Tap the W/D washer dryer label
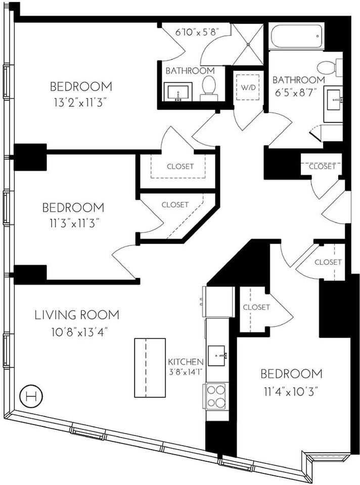(248, 86)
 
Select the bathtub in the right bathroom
(296, 37)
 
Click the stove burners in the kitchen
(216, 396)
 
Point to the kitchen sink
(217, 356)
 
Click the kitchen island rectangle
(150, 367)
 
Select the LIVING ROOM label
(77, 315)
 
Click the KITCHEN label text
(186, 362)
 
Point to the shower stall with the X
(248, 44)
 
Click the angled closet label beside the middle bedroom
(175, 205)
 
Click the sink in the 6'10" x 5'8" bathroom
(177, 92)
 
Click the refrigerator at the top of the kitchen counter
(217, 302)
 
